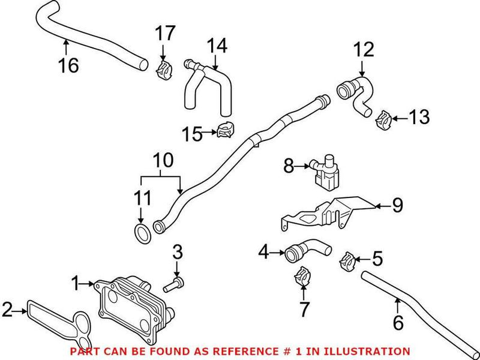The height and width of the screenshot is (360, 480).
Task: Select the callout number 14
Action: [217, 45]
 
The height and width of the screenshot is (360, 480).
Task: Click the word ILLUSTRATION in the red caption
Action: [370, 351]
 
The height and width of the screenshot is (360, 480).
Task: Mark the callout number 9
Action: [397, 206]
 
